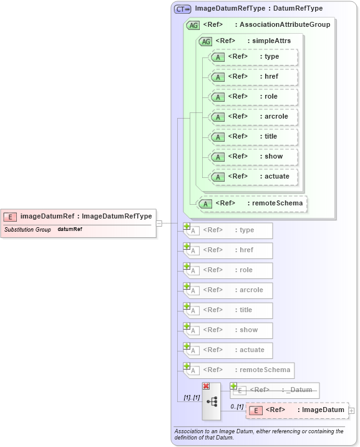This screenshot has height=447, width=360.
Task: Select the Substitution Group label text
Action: (x=27, y=230)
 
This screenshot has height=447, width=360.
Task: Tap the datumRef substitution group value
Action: (x=70, y=230)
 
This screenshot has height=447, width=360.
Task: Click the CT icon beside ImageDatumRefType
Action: (x=182, y=9)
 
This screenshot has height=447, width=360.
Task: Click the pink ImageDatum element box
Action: (x=297, y=410)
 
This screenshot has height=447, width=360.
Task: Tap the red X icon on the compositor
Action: (x=206, y=386)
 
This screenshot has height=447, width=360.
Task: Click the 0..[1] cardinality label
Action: (x=236, y=406)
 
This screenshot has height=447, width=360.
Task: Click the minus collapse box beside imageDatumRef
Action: (x=159, y=223)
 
